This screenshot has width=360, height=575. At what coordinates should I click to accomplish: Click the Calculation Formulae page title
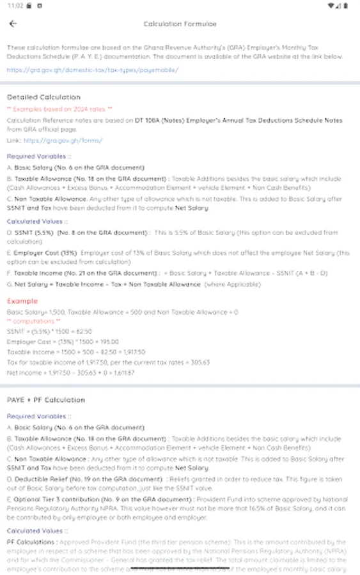[180, 24]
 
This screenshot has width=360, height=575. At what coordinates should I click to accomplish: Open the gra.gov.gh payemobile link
[93, 70]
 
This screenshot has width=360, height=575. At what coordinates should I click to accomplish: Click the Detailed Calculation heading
[43, 97]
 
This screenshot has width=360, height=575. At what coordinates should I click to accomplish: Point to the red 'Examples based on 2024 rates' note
[59, 109]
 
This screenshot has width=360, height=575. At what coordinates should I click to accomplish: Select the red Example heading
[22, 300]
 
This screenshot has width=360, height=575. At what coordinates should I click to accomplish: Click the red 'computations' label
[34, 321]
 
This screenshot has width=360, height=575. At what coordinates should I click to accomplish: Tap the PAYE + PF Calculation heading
[46, 400]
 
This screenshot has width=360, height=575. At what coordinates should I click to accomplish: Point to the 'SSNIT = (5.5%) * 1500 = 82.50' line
[49, 332]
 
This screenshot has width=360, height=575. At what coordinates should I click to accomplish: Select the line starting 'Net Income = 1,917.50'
[70, 372]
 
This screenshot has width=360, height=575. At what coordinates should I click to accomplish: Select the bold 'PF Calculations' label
[31, 542]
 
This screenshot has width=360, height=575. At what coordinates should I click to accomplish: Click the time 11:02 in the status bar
[16, 6]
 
